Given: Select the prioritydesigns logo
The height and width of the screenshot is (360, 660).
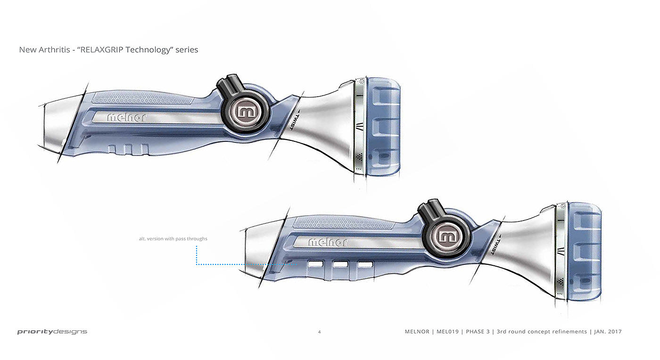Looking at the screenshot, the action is (x=52, y=332).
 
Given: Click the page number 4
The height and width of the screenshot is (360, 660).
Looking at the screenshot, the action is (x=319, y=332).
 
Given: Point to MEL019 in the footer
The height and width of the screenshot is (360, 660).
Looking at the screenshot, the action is (x=448, y=332).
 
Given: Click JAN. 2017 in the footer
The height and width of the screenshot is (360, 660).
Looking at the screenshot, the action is (x=608, y=332).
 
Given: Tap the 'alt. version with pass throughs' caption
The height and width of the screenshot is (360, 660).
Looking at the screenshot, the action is (x=173, y=239).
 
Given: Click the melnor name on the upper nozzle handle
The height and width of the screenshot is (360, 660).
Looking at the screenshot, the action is (x=126, y=118).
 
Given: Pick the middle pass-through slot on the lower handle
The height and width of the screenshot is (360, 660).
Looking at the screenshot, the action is (x=340, y=265).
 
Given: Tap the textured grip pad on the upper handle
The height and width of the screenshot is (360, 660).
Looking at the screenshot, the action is (x=141, y=99).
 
